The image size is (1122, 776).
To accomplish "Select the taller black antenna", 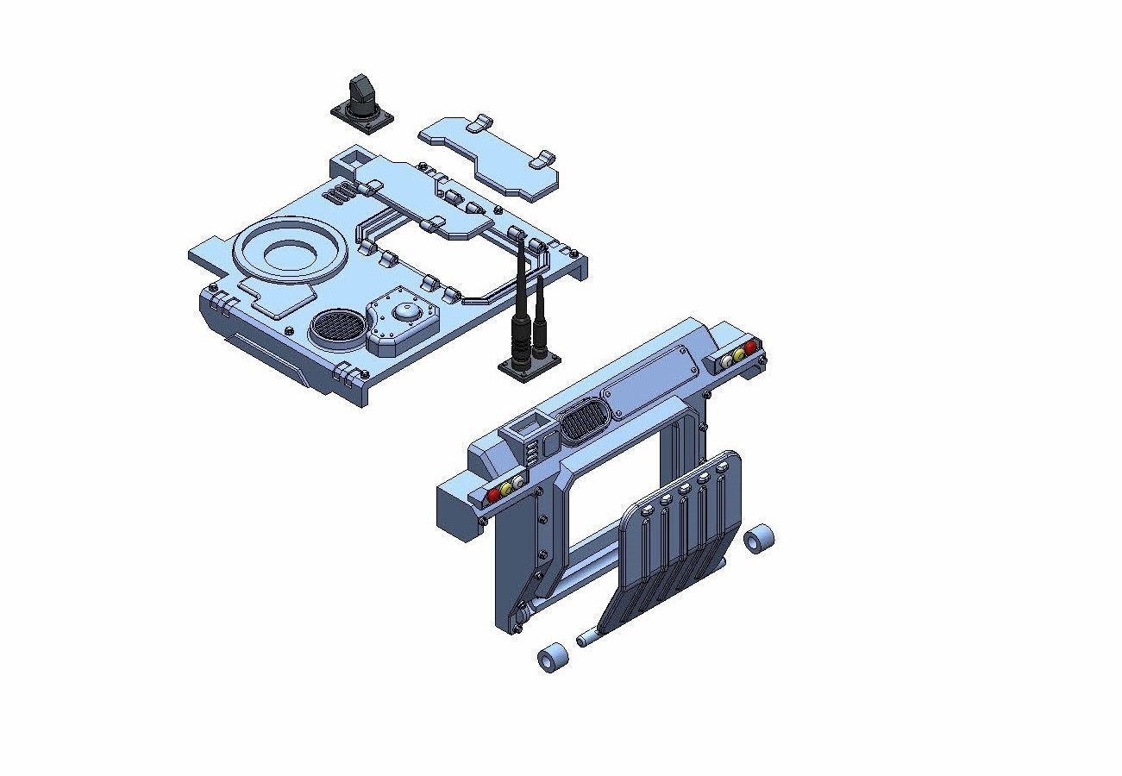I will [x=521, y=293].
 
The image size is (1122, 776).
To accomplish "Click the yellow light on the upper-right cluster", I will [x=739, y=353].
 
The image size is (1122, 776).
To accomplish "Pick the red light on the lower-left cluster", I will [x=493, y=496].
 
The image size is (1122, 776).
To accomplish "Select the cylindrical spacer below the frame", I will [x=552, y=659].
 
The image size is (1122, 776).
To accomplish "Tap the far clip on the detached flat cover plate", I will [x=543, y=159].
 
